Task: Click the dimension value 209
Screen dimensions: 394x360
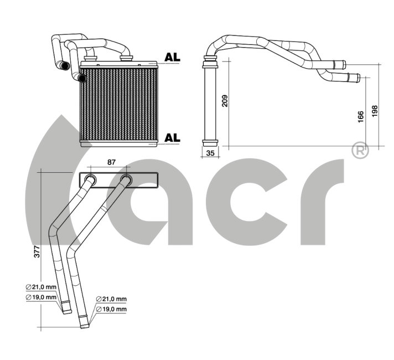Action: pyautogui.click(x=225, y=101)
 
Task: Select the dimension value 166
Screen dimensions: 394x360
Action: pyautogui.click(x=361, y=117)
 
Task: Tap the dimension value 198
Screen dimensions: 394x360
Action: pyautogui.click(x=375, y=111)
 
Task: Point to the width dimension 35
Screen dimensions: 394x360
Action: pyautogui.click(x=210, y=153)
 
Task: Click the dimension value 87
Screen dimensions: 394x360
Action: pyautogui.click(x=111, y=162)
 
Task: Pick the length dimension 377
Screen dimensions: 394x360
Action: pyautogui.click(x=37, y=251)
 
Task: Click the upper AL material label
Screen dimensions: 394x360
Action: pyautogui.click(x=173, y=58)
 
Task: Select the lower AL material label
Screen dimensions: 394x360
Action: pyautogui.click(x=173, y=137)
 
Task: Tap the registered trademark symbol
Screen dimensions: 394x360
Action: pyautogui.click(x=361, y=151)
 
